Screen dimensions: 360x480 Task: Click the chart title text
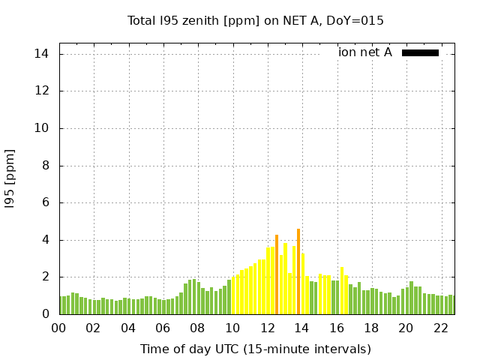point(256,20)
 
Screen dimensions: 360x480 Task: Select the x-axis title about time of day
point(256,349)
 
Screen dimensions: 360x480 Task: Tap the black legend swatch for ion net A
point(420,52)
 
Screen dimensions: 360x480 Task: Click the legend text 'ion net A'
point(365,52)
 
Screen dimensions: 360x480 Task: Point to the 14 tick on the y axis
point(42,54)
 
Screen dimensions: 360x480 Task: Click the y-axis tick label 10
point(42,128)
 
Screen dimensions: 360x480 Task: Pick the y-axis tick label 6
point(46,202)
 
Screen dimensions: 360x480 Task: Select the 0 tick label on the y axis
point(46,314)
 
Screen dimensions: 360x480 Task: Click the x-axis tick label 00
point(59,328)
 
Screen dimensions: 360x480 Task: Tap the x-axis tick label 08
point(198,328)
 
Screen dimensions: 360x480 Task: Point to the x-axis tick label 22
point(441,328)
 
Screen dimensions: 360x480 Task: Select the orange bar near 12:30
point(277,274)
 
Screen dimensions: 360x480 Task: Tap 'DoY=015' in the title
point(358,20)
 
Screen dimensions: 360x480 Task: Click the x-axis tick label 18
point(371,328)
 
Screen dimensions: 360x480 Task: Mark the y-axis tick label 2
point(46,277)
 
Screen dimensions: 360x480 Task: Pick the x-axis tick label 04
point(128,328)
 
